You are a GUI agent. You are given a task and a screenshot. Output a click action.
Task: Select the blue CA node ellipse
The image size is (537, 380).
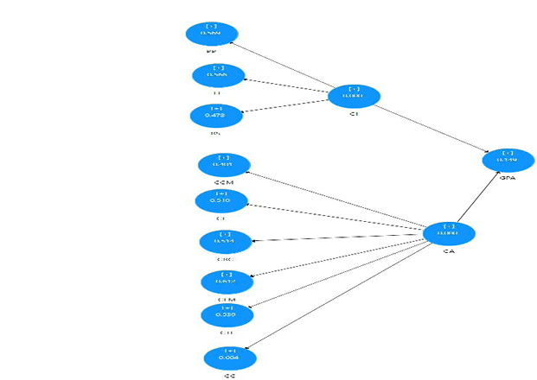pyautogui.click(x=448, y=233)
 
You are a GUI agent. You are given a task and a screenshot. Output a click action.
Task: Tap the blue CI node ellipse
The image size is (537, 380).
pyautogui.click(x=354, y=95)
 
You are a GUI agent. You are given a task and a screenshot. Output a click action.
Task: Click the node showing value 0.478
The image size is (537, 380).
pyautogui.click(x=215, y=115)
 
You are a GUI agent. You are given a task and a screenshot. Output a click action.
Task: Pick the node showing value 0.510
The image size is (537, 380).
pyautogui.click(x=221, y=201)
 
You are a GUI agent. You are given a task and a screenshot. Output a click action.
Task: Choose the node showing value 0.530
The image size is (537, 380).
pyautogui.click(x=227, y=315)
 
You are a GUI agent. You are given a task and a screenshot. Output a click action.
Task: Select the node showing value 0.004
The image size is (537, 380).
pyautogui.click(x=229, y=357)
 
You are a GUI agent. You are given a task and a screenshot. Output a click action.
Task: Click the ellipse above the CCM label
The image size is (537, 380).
pyautogui.click(x=224, y=164)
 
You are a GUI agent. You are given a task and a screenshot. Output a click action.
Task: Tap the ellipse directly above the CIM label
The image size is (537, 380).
pyautogui.click(x=227, y=281)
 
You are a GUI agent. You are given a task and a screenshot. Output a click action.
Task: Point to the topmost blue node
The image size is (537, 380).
pyautogui.click(x=211, y=34)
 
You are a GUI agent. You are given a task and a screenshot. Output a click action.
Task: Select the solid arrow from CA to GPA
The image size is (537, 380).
pyautogui.click(x=477, y=198)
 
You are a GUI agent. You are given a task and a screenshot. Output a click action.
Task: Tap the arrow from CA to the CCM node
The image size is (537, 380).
pyautogui.click(x=336, y=199)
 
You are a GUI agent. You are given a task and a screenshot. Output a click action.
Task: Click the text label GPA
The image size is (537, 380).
pyautogui.click(x=508, y=177)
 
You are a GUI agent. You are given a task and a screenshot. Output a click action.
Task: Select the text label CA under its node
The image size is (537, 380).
pyautogui.click(x=448, y=252)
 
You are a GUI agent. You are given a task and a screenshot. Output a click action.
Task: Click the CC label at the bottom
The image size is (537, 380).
pyautogui.click(x=230, y=376)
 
